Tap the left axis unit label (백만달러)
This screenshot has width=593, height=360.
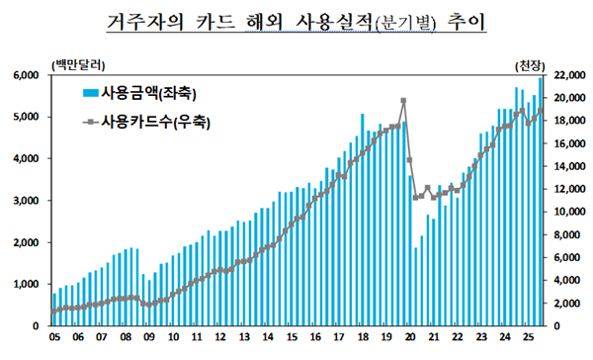coord(71,63)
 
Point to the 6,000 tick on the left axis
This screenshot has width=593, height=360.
coord(25,75)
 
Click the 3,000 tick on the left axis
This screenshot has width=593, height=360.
coord(25,201)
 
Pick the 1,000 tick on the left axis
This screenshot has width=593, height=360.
coord(25,284)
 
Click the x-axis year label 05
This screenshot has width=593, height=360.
coord(54,338)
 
